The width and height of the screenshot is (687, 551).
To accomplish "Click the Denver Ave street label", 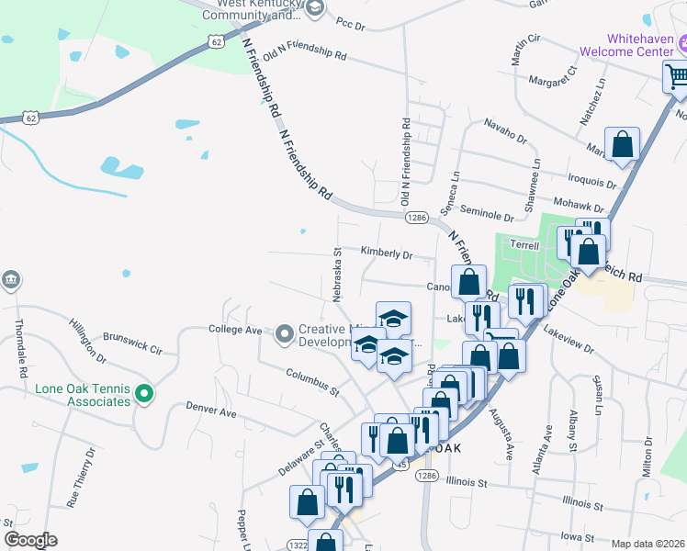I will click(x=211, y=410).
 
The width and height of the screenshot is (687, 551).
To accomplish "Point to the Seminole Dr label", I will click(x=487, y=214).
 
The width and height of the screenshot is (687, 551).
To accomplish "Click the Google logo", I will click(x=29, y=540).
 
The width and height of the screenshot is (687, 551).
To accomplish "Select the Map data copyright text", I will click(x=648, y=544).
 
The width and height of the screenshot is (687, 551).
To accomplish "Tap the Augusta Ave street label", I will click(x=502, y=436).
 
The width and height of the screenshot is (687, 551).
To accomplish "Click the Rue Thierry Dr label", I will click(x=81, y=477).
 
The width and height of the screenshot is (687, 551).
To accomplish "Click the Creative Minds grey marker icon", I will click(x=285, y=332).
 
